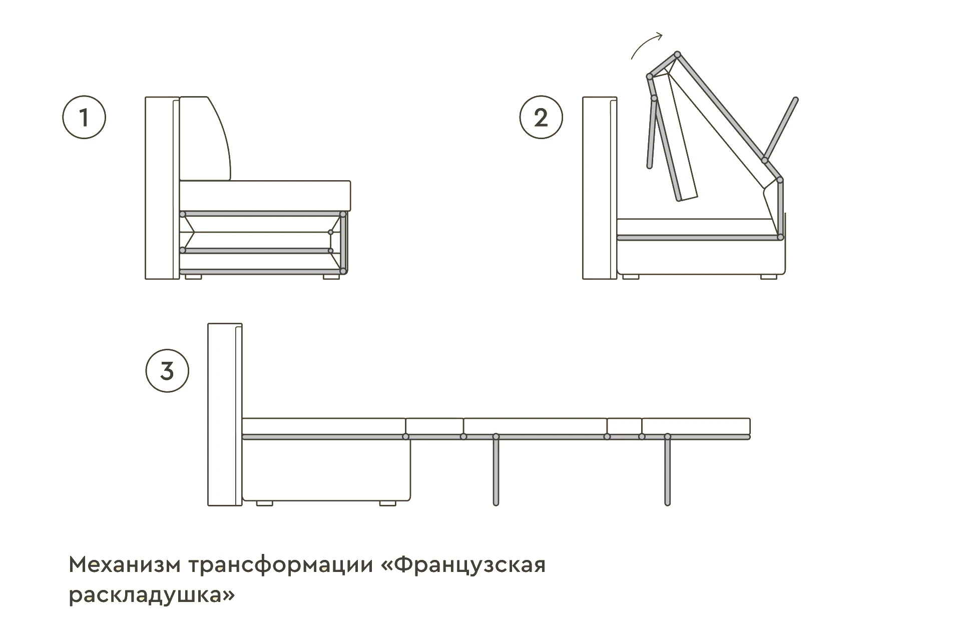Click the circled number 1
[x=84, y=118]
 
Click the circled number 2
[x=541, y=118]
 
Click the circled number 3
[x=167, y=371]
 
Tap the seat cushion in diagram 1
[x=265, y=195]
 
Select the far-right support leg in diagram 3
[x=667, y=470]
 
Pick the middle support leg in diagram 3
[x=496, y=470]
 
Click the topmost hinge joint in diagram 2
[x=677, y=54]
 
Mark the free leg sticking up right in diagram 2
[x=781, y=128]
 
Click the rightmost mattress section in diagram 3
[x=696, y=426]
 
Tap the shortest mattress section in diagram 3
[x=624, y=426]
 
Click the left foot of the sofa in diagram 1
[x=193, y=276]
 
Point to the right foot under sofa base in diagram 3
[x=387, y=503]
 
